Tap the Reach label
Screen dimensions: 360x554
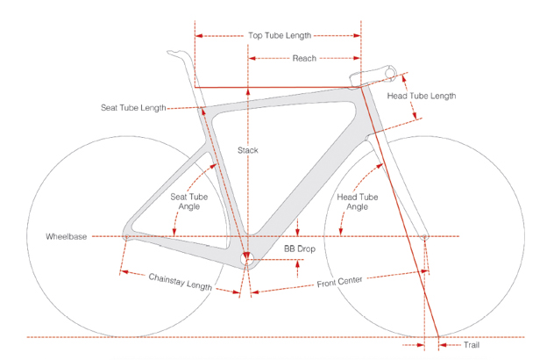coord(304,58)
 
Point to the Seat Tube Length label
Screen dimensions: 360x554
coord(132,108)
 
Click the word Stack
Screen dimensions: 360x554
coord(248,150)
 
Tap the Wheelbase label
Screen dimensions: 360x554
coord(67,237)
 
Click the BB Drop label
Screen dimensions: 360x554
coord(300,248)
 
